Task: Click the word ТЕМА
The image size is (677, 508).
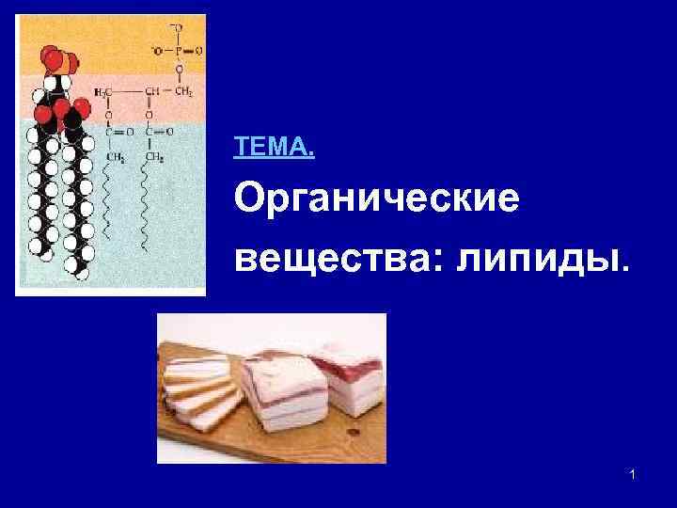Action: pos(274,147)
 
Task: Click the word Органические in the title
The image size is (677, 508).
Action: pos(376,200)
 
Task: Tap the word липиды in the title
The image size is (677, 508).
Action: pos(535,257)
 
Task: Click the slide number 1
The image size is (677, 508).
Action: pos(633,476)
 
